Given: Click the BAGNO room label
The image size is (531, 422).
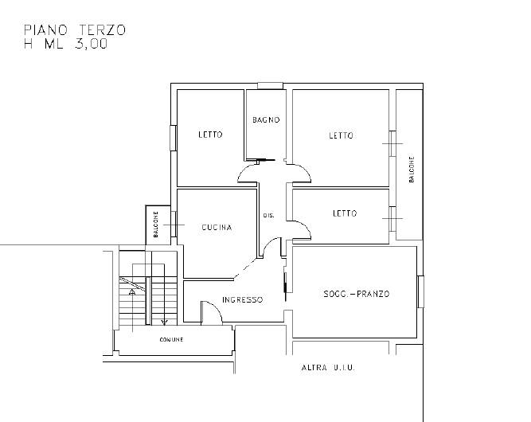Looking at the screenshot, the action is pyautogui.click(x=266, y=119).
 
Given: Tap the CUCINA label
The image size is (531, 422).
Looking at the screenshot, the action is pyautogui.click(x=217, y=227).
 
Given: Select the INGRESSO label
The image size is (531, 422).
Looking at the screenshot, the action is pyautogui.click(x=243, y=299).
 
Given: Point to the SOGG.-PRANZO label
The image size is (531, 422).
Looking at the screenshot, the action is pyautogui.click(x=357, y=294).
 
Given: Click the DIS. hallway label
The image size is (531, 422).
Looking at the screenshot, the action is pyautogui.click(x=269, y=216).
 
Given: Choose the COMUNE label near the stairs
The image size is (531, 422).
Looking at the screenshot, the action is pyautogui.click(x=171, y=339).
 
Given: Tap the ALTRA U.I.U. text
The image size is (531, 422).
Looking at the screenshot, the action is pyautogui.click(x=328, y=368).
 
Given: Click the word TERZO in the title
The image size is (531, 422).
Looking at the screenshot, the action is pyautogui.click(x=102, y=29).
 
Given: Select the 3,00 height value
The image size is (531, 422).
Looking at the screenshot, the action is pyautogui.click(x=92, y=44).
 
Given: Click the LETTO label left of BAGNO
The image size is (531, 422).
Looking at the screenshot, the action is pyautogui.click(x=211, y=135).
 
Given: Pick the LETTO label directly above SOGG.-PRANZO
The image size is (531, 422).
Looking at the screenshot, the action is pyautogui.click(x=345, y=213).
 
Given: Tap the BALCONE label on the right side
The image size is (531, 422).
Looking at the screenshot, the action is pyautogui.click(x=412, y=170).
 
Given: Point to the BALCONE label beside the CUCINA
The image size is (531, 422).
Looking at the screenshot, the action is pyautogui.click(x=156, y=225).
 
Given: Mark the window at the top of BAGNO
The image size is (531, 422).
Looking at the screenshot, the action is pyautogui.click(x=270, y=86).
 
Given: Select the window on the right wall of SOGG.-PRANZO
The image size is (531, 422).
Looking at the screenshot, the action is pyautogui.click(x=420, y=291).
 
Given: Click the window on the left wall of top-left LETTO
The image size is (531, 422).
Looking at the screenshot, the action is pyautogui.click(x=173, y=138).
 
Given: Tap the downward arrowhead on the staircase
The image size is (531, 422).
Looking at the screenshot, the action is pyautogui.click(x=164, y=322).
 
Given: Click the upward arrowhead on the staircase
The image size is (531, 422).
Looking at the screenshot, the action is pyautogui.click(x=132, y=291).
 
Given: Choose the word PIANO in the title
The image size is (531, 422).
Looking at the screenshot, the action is pyautogui.click(x=45, y=29).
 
